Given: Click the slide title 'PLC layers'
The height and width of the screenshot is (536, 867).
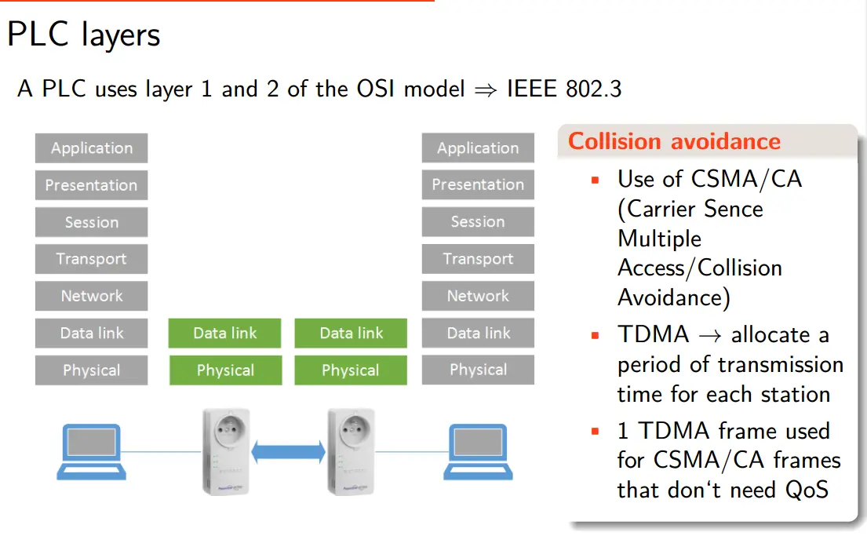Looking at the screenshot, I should (83, 35).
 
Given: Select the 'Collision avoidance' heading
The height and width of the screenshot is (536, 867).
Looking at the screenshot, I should (674, 141).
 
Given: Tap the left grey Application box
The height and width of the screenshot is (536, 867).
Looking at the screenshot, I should (92, 148).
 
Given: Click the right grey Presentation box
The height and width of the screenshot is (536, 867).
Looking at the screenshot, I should (478, 185).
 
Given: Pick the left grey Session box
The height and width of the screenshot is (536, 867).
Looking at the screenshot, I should (92, 222).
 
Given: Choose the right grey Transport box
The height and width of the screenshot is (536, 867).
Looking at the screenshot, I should (478, 259).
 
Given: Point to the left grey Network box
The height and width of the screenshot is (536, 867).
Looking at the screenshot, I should (92, 296).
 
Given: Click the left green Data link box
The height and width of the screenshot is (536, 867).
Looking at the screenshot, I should (225, 334).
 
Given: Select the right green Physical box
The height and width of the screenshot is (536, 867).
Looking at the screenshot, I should (351, 370).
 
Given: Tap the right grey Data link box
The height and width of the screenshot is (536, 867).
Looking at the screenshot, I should (478, 334).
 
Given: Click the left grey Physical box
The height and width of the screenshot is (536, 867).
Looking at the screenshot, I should (92, 370).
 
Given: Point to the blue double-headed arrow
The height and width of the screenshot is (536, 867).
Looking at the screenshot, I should (288, 451).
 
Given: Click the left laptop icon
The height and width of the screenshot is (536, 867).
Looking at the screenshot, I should (91, 451).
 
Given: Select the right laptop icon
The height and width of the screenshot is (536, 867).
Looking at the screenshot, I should (478, 451).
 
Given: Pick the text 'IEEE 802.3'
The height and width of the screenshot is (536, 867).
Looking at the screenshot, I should (563, 89).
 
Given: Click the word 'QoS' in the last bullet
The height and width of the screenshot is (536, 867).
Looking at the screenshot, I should (807, 490).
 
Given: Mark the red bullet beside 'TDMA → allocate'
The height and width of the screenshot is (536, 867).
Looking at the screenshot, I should (595, 336).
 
